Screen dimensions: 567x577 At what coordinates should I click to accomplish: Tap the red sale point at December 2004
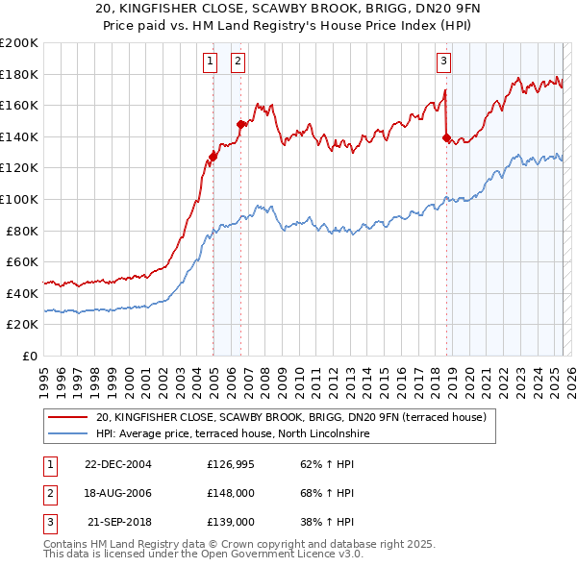point(213,157)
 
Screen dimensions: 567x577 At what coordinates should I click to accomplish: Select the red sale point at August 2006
point(241,124)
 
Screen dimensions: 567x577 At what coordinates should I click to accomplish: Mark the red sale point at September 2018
point(446,137)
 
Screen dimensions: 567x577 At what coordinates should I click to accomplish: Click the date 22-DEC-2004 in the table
point(117,463)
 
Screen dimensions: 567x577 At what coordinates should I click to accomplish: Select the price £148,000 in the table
point(231,493)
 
